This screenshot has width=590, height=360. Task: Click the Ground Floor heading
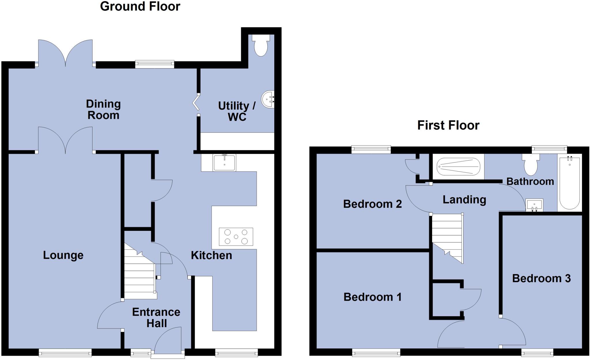pos(140,6)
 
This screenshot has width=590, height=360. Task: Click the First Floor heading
pos(448,125)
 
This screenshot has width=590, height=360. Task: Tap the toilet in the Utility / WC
pos(261,46)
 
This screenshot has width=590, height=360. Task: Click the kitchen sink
pos(224,163)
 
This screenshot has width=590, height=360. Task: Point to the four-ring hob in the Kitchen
pos(236,237)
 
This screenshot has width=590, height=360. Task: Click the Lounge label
pos(63,255)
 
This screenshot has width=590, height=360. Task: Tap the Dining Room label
pos(103,110)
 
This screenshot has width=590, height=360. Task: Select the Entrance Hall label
pos(156,318)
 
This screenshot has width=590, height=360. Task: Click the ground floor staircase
pos(140,274)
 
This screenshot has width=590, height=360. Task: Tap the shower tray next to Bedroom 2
pos(458,167)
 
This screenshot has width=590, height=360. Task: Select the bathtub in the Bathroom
pos(570,183)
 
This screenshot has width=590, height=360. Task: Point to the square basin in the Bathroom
pos(534,205)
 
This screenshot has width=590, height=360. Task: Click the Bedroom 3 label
pos(541,278)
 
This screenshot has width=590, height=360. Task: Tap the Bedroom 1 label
pos(372,297)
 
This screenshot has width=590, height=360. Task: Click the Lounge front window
pos(65,352)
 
